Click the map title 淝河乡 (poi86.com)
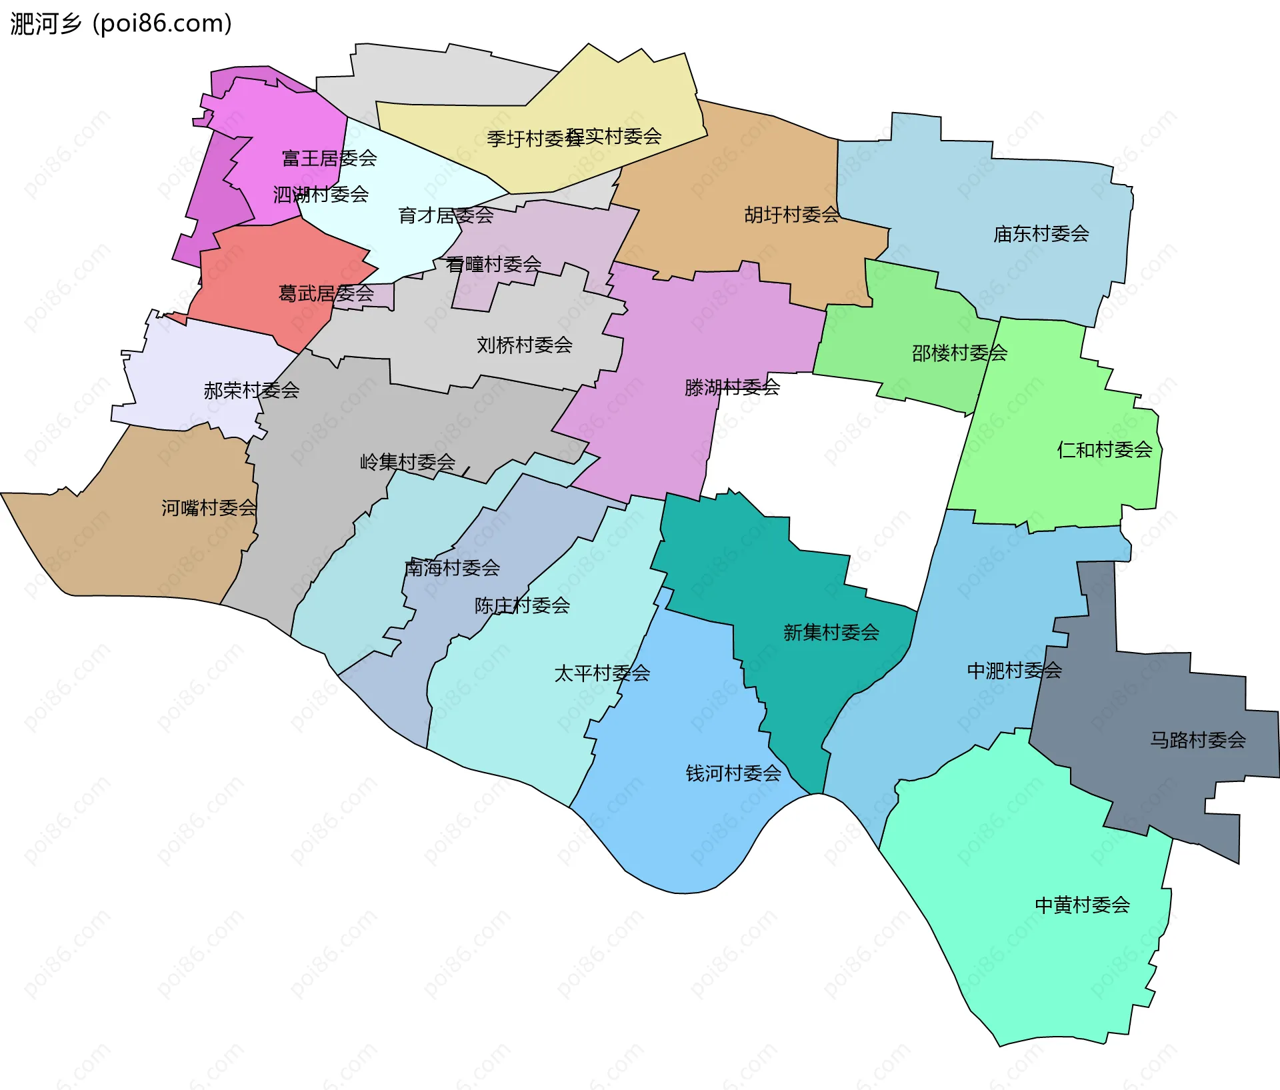point(121,24)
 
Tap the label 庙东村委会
point(1041,234)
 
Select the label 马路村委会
point(1197,740)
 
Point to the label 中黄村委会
point(1082,905)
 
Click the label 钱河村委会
point(733,773)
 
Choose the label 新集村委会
point(831,633)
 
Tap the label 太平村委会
point(602,673)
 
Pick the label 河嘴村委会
point(209,508)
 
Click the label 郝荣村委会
point(251,391)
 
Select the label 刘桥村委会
point(525,345)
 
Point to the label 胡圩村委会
point(791,215)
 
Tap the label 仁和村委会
point(1104,450)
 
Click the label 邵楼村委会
point(959,353)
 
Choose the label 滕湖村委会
point(732,387)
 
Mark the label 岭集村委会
point(407,462)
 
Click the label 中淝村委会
point(1014,671)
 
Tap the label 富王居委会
point(329,159)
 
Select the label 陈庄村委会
point(522,605)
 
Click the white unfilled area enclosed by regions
point(833,467)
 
